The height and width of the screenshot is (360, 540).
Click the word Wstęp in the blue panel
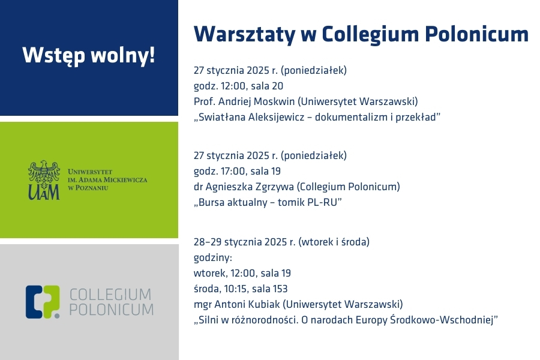point(53,55)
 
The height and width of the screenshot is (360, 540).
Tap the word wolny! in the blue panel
point(122,55)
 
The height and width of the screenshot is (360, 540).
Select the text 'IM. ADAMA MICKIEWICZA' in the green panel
point(107,180)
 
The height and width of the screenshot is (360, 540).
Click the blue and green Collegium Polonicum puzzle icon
point(43,302)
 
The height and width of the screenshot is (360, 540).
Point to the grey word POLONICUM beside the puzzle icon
point(111,310)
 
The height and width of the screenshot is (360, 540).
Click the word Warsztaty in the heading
point(245,34)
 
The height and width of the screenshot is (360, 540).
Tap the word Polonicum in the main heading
point(476,34)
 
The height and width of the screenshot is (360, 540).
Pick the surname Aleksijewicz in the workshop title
point(276,118)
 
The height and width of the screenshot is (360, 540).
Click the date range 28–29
point(208,242)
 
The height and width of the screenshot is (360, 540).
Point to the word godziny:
point(213,258)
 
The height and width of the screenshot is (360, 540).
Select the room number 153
point(280,289)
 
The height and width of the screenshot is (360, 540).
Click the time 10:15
point(235,289)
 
